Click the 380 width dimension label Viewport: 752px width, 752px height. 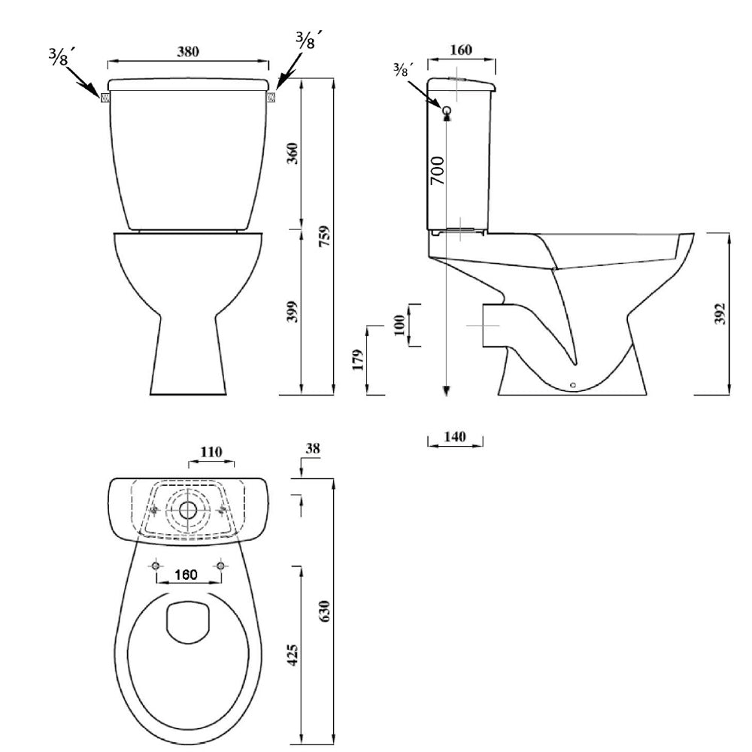(187, 51)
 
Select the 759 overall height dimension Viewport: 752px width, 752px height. (325, 236)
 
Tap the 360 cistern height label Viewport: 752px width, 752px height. (292, 153)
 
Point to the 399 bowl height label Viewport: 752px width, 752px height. (292, 311)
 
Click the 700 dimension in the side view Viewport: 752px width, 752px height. (438, 171)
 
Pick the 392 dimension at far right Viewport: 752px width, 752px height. (720, 314)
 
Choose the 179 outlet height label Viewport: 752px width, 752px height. (358, 359)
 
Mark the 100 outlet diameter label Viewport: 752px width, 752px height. (399, 326)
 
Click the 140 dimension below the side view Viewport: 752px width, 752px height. (455, 436)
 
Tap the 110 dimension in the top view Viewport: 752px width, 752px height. (211, 452)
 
